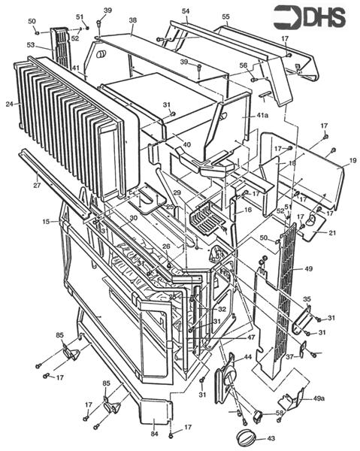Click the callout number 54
(185, 11)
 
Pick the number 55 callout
(225, 16)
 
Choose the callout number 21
(332, 233)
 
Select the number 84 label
(154, 434)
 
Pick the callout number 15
(45, 222)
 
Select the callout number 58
(280, 414)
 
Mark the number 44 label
(247, 359)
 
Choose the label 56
(244, 66)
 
